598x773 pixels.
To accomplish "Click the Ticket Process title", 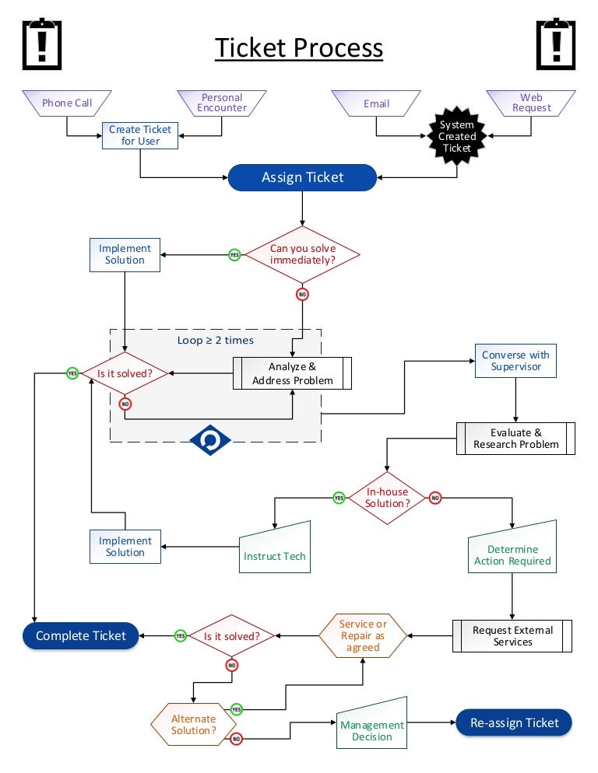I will click(299, 48).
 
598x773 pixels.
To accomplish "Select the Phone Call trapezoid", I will click(67, 103).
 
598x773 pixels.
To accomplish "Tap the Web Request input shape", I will click(531, 103).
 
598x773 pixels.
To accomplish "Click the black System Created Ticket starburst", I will click(456, 136).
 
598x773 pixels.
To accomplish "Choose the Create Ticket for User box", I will click(140, 135).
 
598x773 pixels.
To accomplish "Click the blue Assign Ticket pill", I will click(302, 177).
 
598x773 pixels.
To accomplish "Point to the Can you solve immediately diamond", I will click(302, 254).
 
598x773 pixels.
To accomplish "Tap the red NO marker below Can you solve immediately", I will click(302, 294).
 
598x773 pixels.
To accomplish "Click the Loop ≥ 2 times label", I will click(216, 340).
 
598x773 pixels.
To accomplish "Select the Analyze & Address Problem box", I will click(293, 373).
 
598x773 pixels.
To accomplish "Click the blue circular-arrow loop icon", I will click(210, 440).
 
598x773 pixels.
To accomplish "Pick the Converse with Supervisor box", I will click(515, 360).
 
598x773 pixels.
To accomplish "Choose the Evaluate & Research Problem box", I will click(515, 439).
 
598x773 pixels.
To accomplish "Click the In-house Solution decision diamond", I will click(387, 498).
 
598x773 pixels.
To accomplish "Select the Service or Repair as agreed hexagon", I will click(363, 635).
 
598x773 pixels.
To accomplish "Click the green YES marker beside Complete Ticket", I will click(180, 635).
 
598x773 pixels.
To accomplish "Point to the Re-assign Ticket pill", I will click(514, 722).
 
